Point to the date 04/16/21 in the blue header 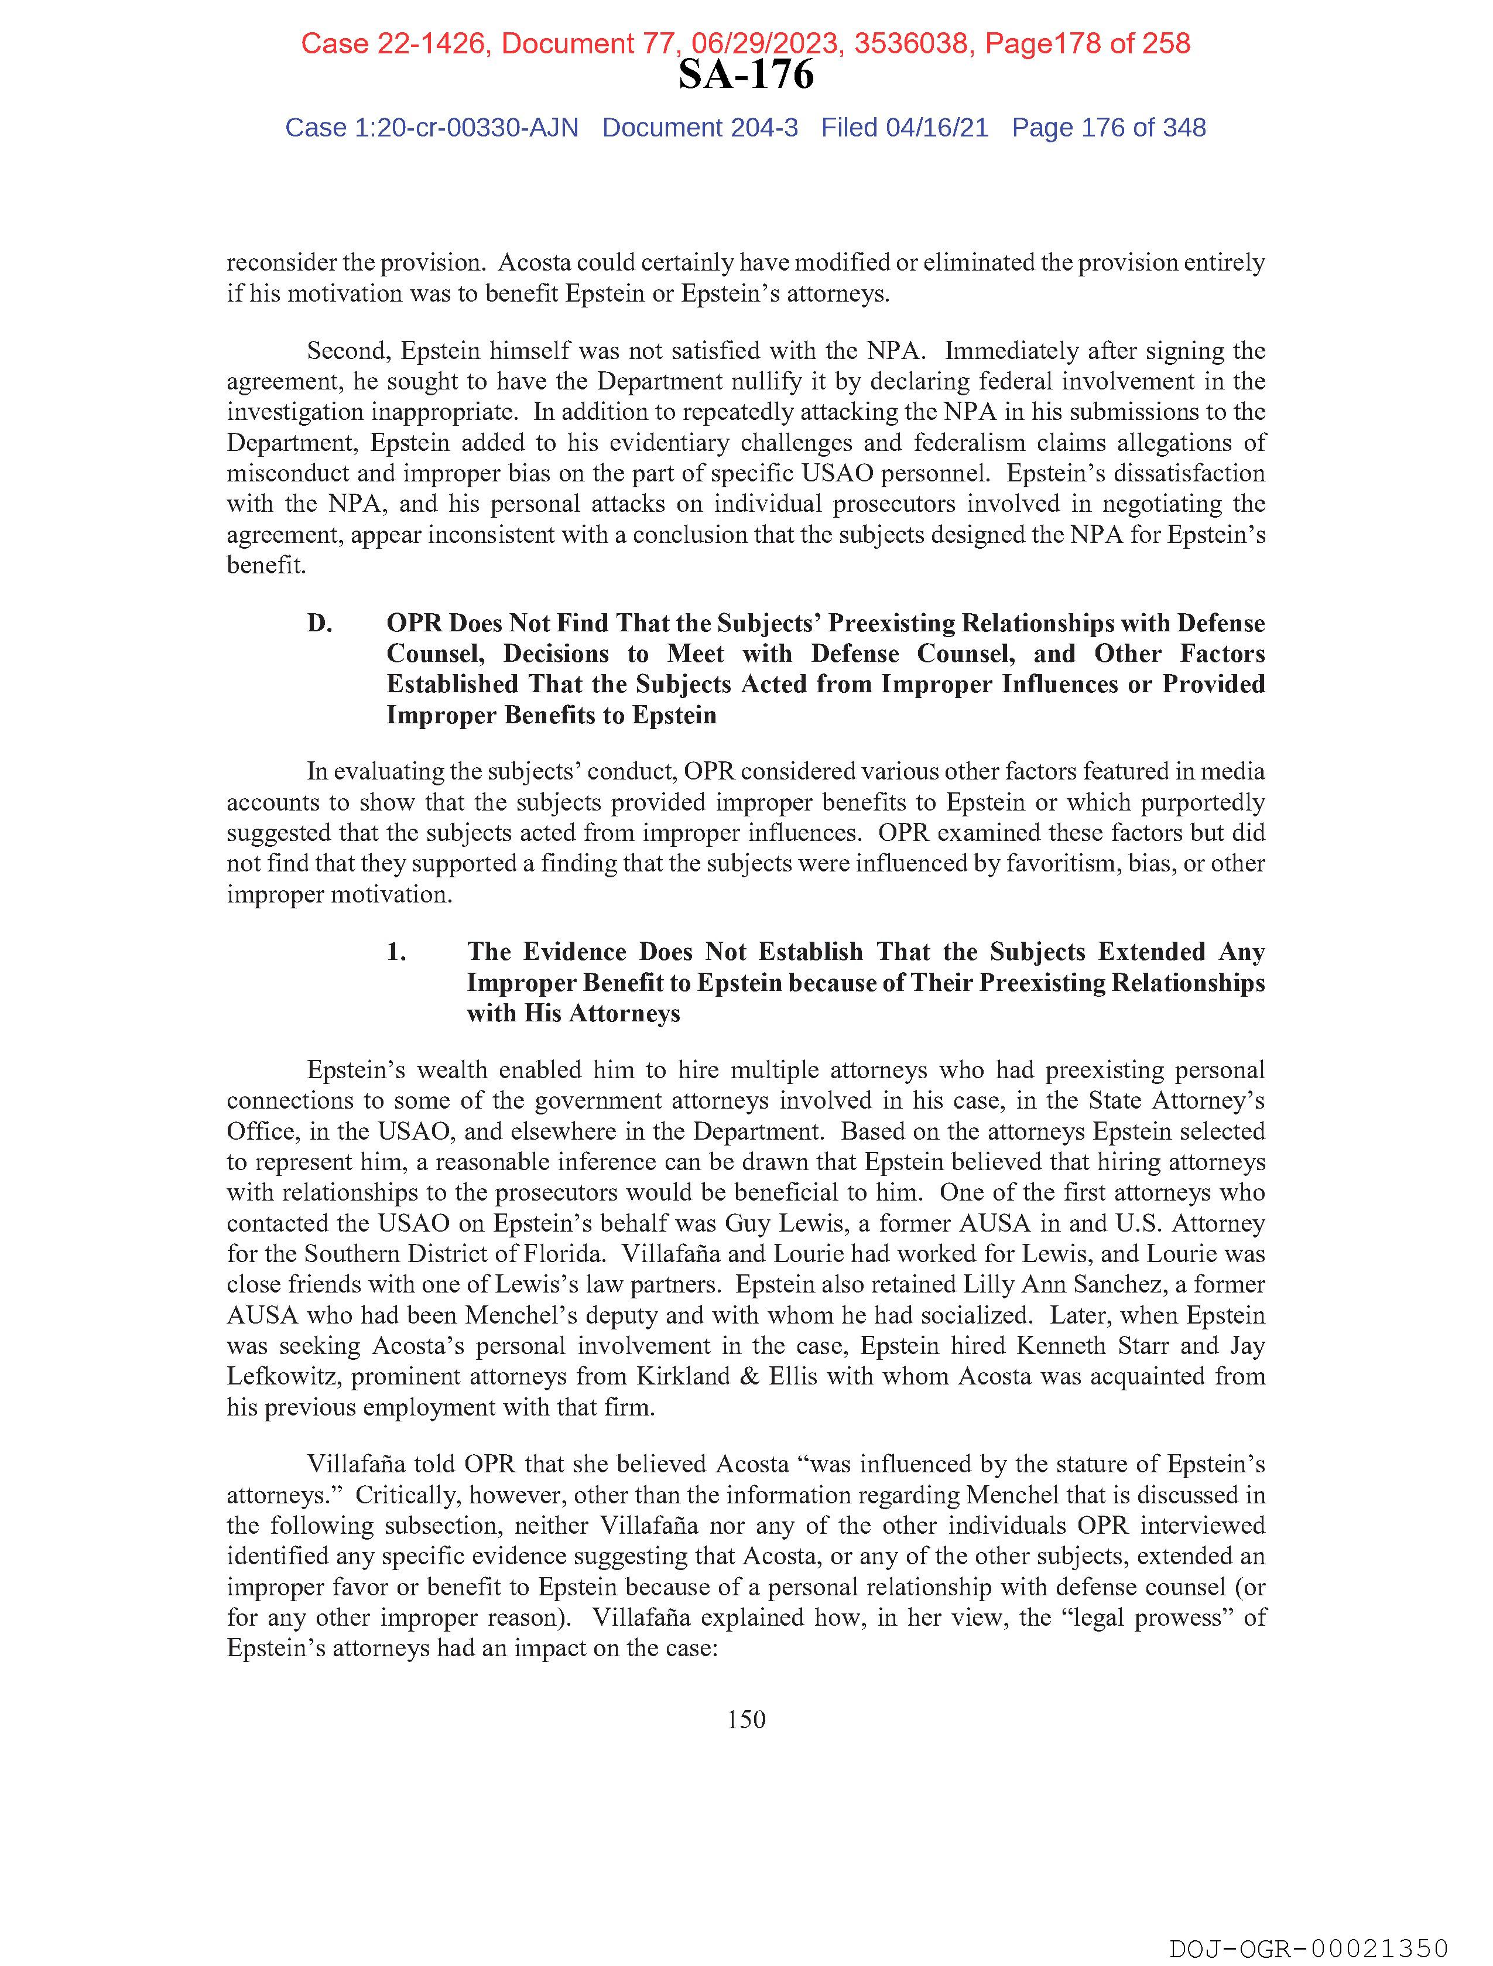point(937,128)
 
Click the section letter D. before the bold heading point(320,623)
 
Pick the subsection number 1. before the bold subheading point(396,952)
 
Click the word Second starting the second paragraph point(348,351)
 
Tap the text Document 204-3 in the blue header point(700,128)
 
